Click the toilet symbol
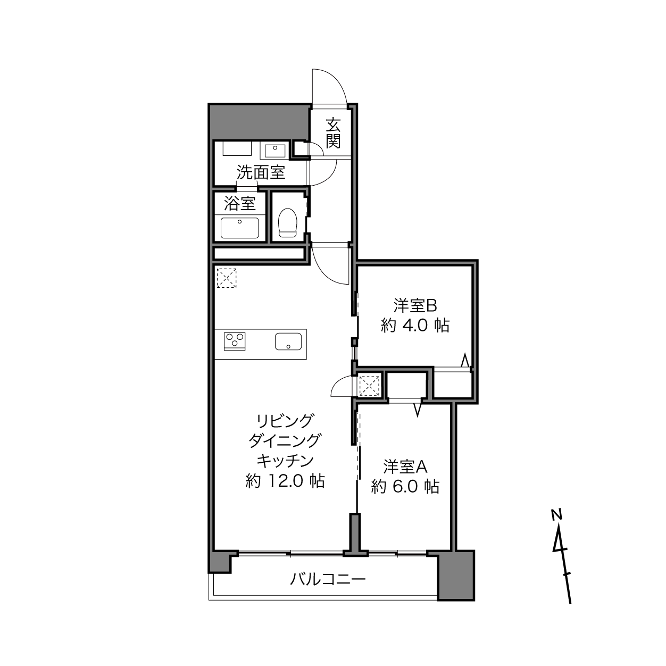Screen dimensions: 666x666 pos(288,222)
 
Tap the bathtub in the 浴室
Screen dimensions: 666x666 pos(240,228)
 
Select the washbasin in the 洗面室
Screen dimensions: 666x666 pos(275,151)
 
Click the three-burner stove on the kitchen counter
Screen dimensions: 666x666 pos(235,341)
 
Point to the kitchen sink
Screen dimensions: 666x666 pos(288,342)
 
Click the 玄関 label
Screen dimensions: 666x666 pos(333,132)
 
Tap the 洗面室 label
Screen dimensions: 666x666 pos(261,172)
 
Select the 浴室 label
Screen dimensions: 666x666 pos(240,203)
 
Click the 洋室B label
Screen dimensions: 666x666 pos(415,305)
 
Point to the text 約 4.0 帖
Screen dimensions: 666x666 pos(415,325)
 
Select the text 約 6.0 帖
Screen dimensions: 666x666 pos(405,487)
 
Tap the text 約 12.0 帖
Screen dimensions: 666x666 pos(285,481)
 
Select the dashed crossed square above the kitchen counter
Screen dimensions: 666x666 pos(227,278)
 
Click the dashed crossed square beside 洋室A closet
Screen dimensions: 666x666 pos(370,386)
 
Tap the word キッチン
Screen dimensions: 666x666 pos(285,461)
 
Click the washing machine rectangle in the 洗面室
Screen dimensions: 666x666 pos(237,148)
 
